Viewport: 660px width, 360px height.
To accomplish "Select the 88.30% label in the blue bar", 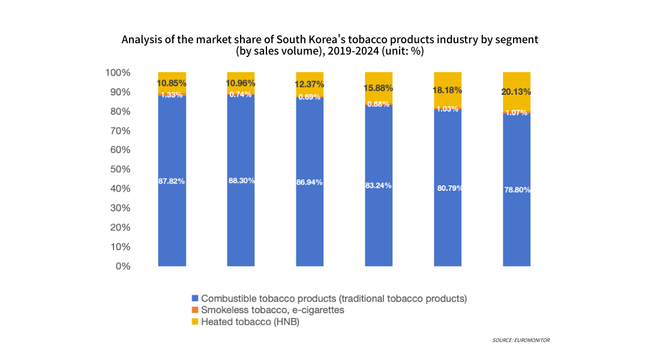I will click(x=241, y=181).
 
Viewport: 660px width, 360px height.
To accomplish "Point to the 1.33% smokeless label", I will click(x=172, y=95).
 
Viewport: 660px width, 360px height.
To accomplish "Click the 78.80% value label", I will click(x=517, y=190).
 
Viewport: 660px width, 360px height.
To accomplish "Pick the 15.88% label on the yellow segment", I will click(x=379, y=88).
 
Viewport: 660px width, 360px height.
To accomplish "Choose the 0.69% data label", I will click(x=310, y=97).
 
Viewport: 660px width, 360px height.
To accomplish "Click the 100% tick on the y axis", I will click(x=118, y=73).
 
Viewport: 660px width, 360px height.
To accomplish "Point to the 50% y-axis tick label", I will click(x=119, y=169).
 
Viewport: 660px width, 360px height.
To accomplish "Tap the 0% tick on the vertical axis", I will click(x=122, y=266).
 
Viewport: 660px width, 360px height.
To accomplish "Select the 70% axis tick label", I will click(x=119, y=131).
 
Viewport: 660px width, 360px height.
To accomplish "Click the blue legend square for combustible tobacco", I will click(x=194, y=298).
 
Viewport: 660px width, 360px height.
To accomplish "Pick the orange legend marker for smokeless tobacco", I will click(x=194, y=310).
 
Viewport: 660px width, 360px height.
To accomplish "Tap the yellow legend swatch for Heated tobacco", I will click(x=194, y=322).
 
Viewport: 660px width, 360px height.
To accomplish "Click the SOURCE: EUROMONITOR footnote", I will click(x=521, y=340).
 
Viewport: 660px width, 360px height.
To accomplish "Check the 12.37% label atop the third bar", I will click(x=310, y=83).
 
